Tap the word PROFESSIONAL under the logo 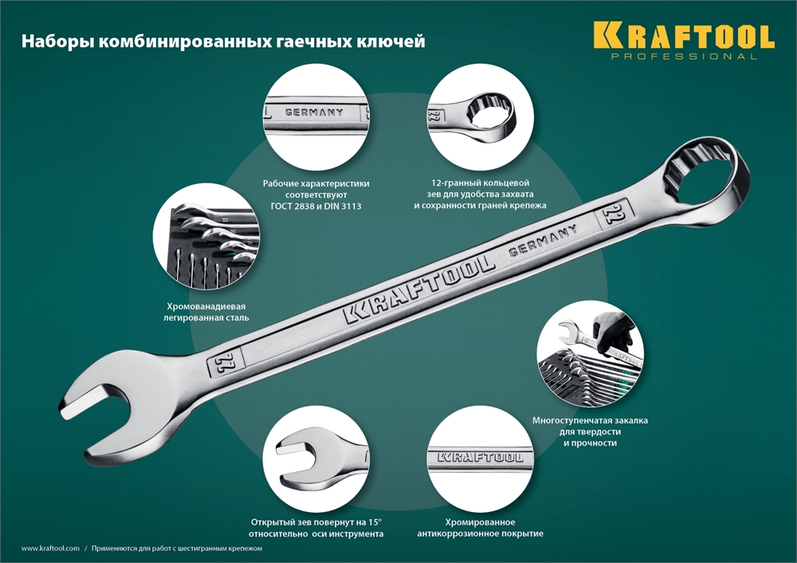683,57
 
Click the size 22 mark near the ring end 614,211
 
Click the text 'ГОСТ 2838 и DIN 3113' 316,207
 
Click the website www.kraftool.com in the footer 50,549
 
